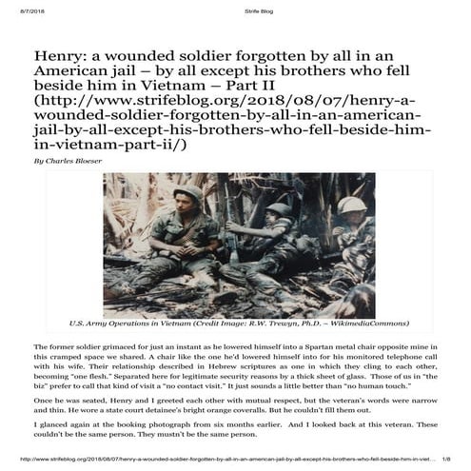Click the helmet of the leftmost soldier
(187, 193)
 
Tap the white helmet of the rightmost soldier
(349, 205)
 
